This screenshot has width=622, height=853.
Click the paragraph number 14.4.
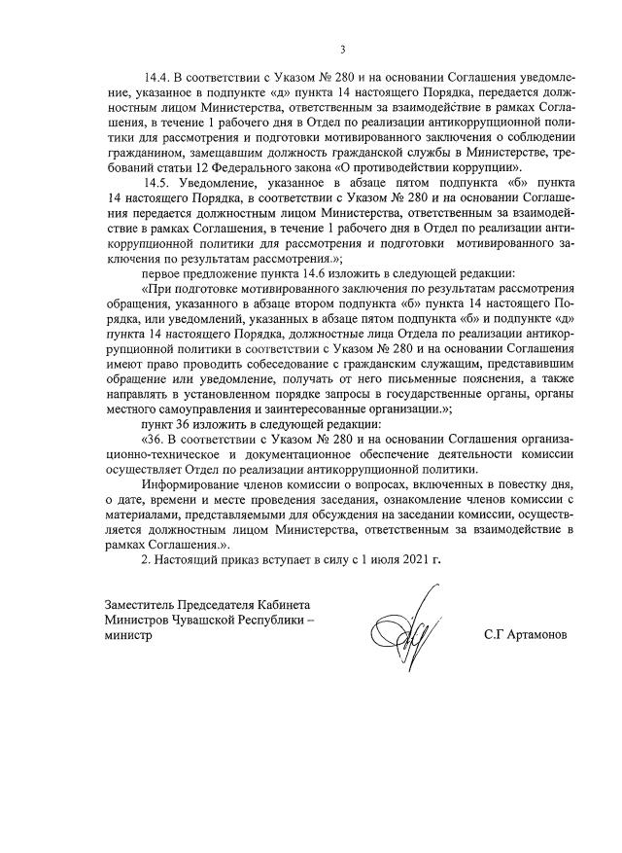pyautogui.click(x=159, y=76)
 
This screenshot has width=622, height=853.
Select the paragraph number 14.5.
pyautogui.click(x=159, y=183)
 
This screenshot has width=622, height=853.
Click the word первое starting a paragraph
pyautogui.click(x=164, y=274)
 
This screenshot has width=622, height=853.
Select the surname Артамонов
pyautogui.click(x=534, y=633)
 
